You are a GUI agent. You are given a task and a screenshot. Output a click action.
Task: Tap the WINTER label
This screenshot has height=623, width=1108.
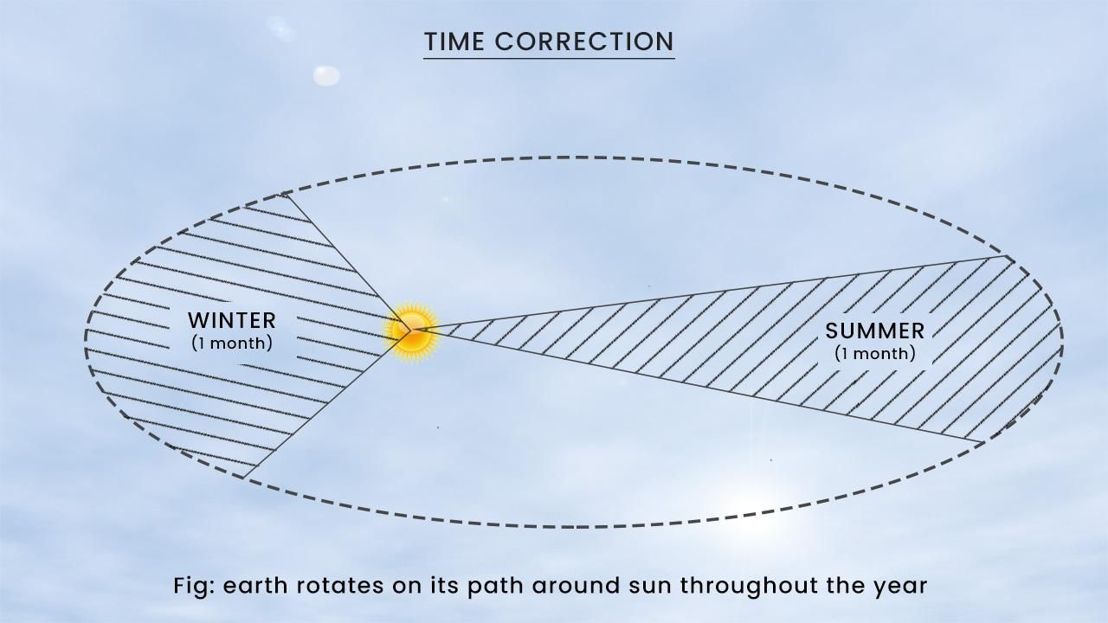pyautogui.click(x=232, y=321)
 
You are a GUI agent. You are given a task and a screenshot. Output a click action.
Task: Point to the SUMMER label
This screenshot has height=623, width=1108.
pyautogui.click(x=874, y=331)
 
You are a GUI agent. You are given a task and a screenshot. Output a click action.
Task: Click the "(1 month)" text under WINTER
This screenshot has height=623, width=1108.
pyautogui.click(x=232, y=343)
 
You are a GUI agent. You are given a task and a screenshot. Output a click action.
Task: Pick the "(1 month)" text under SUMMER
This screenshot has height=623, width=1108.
pyautogui.click(x=874, y=353)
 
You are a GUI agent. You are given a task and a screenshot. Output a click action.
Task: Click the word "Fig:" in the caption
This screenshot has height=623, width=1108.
pyautogui.click(x=194, y=586)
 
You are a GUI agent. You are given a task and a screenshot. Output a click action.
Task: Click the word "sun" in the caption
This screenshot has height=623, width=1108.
pyautogui.click(x=646, y=586)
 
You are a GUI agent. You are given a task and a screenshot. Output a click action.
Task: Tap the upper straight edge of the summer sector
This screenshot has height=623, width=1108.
pyautogui.click(x=710, y=292)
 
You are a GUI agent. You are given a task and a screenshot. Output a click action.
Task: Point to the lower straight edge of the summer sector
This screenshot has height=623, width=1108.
pyautogui.click(x=701, y=386)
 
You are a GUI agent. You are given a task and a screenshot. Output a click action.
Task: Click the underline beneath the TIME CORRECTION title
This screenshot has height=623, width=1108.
pyautogui.click(x=549, y=58)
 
